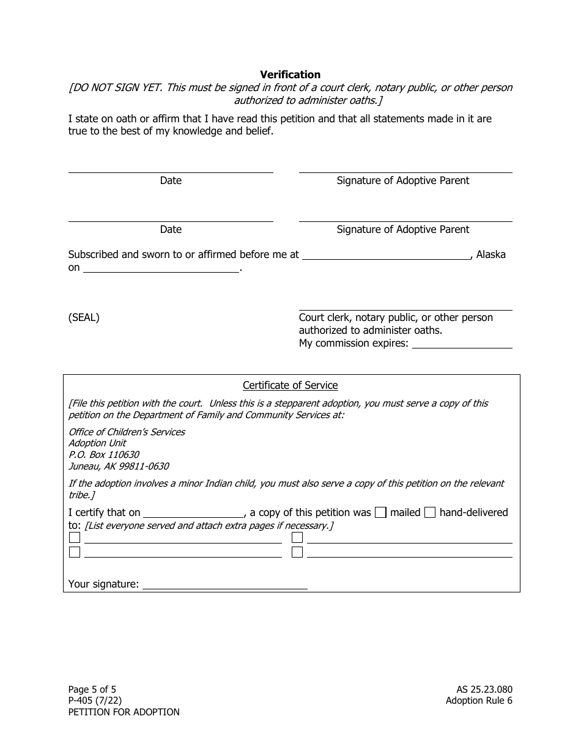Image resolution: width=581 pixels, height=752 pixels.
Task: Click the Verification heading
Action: [290, 75]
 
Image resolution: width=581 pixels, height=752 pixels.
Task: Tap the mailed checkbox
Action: [380, 513]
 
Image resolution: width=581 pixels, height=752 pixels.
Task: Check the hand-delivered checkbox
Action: [430, 513]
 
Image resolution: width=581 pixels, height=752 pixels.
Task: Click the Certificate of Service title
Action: [290, 385]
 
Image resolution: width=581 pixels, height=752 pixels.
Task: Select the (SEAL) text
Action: [84, 317]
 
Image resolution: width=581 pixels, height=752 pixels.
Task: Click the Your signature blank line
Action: [224, 585]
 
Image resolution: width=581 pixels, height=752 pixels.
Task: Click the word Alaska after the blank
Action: [490, 254]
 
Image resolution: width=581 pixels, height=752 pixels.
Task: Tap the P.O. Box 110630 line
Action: [103, 455]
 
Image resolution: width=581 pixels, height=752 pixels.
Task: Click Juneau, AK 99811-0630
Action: [119, 466]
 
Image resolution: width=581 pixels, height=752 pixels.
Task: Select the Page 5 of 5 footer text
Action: [92, 689]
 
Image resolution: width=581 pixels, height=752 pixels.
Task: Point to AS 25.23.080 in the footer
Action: [479, 689]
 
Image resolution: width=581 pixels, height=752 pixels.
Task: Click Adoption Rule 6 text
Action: [479, 701]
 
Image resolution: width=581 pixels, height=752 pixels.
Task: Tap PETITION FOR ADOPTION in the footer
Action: [124, 712]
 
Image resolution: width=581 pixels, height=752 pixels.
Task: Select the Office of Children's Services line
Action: [127, 432]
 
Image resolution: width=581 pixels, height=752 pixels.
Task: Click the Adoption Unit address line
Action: [97, 443]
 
